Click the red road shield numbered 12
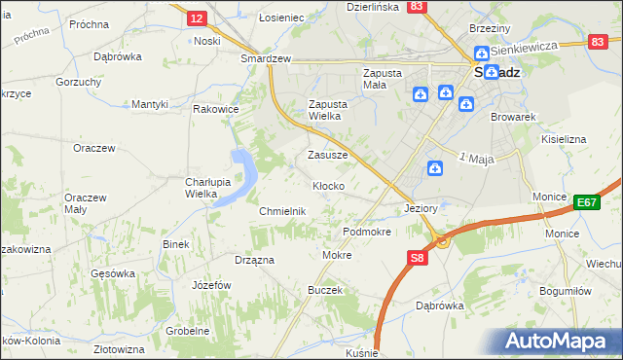[196, 18]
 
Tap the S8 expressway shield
[417, 258]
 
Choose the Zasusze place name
[327, 155]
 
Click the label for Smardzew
[267, 58]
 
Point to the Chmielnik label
[282, 211]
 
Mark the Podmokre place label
[367, 233]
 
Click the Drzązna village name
[254, 260]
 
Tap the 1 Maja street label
[477, 159]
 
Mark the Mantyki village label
[151, 104]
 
